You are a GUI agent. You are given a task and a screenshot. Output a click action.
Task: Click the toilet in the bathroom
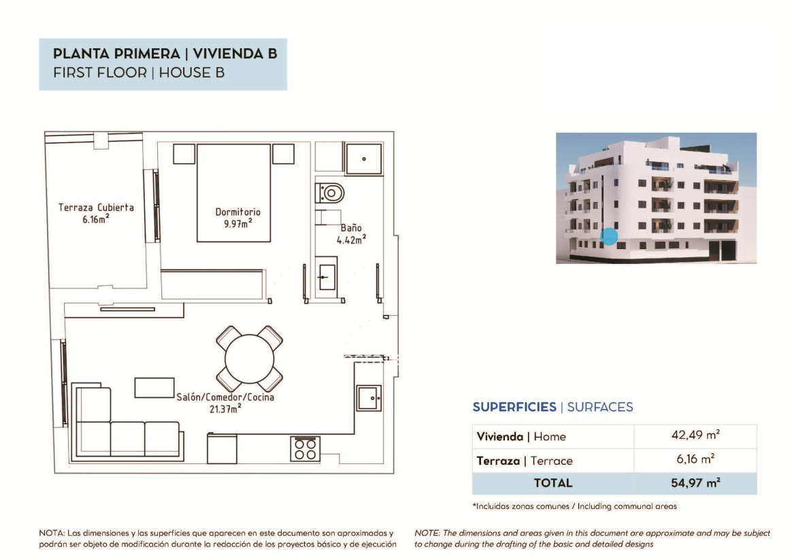[330, 193]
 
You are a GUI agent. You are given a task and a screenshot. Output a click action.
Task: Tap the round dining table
[250, 359]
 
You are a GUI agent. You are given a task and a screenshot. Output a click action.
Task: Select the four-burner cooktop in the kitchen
[305, 449]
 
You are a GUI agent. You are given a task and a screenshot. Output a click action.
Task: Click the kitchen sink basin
[369, 398]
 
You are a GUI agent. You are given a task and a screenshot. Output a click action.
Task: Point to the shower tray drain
[363, 159]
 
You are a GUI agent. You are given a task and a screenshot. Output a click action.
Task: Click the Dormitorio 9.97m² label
[238, 218]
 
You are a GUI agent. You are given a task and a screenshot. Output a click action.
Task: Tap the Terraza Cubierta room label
[96, 213]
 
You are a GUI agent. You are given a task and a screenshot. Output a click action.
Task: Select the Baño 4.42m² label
[351, 234]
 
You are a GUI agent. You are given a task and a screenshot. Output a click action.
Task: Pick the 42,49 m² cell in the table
[695, 435]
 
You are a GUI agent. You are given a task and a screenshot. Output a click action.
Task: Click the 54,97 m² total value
[695, 483]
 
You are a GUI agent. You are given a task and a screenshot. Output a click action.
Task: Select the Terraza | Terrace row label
[525, 461]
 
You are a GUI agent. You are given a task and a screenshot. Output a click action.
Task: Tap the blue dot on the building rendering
[609, 236]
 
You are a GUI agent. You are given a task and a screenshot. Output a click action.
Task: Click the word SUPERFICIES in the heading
[514, 407]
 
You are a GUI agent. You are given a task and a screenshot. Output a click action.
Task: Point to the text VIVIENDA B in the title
[235, 54]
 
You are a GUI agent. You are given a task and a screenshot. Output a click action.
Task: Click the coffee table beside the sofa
[154, 387]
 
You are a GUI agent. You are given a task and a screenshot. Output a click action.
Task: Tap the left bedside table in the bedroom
[184, 154]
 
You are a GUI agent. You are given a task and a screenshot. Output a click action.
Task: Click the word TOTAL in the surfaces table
[553, 483]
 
